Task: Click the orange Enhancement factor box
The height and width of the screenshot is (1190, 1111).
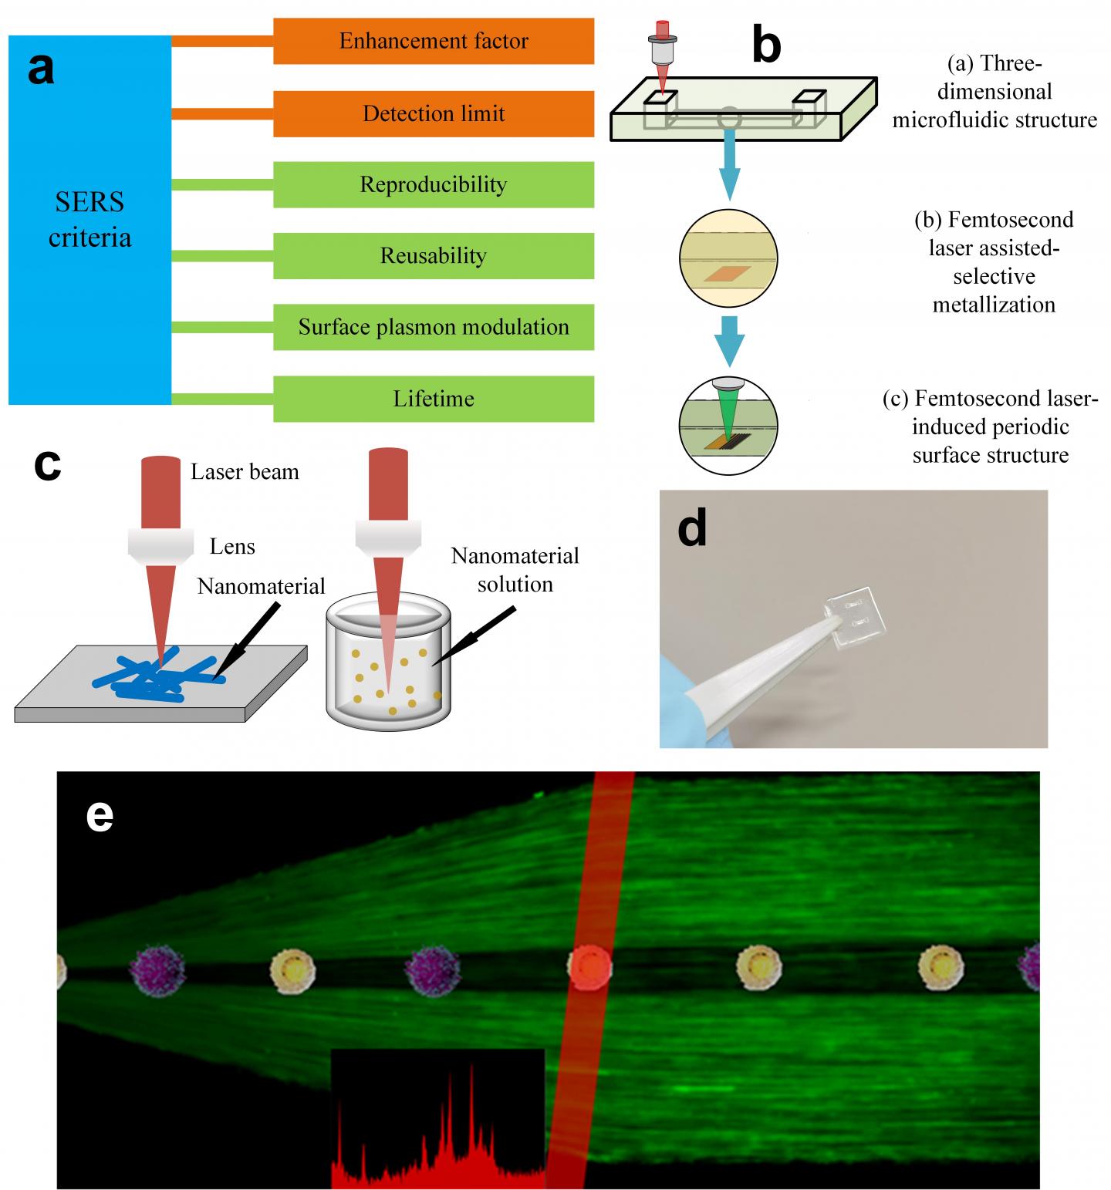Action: pos(434,41)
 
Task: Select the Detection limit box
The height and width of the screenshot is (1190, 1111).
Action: pos(434,113)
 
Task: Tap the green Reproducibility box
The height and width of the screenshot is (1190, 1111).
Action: pos(434,185)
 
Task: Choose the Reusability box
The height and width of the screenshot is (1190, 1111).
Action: pos(434,256)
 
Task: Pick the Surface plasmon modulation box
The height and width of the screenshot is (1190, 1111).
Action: pos(434,327)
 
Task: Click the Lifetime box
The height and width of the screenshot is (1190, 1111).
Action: pos(434,399)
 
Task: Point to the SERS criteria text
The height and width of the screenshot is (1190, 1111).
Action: pos(89,220)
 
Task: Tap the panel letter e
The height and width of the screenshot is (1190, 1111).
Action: pos(100,815)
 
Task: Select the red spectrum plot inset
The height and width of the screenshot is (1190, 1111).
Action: pos(437,1118)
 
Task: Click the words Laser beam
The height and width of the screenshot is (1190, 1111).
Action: pos(245,472)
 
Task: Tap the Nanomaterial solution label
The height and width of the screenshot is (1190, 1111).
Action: pos(515,569)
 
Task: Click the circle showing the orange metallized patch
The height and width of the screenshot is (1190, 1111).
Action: pos(728,258)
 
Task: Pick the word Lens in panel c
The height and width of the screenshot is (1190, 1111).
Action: pos(232,547)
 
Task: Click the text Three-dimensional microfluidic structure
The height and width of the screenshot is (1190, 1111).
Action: pos(994,92)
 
